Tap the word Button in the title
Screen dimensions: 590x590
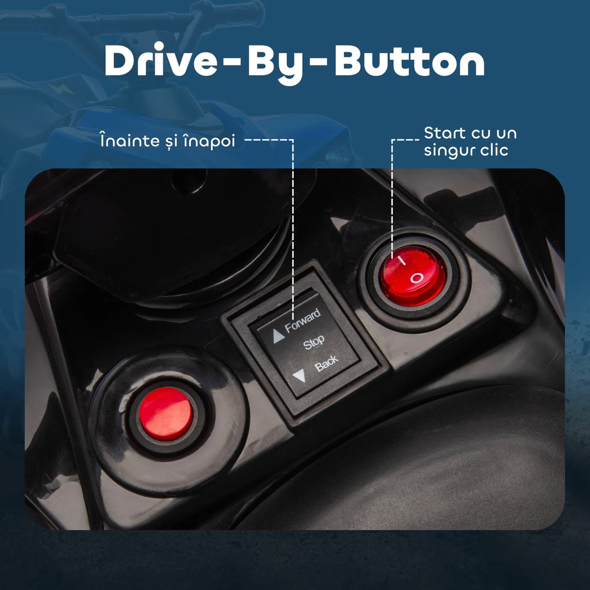(409, 60)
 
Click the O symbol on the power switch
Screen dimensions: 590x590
(417, 278)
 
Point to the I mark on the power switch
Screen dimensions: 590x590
(402, 260)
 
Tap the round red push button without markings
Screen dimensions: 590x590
(166, 414)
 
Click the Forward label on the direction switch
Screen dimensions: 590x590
(303, 321)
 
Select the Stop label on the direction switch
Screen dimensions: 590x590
(314, 342)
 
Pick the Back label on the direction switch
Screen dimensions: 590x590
(326, 363)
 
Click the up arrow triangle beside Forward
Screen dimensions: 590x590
(278, 335)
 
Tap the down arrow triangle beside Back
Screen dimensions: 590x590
(300, 375)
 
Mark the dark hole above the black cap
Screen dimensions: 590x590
(189, 180)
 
